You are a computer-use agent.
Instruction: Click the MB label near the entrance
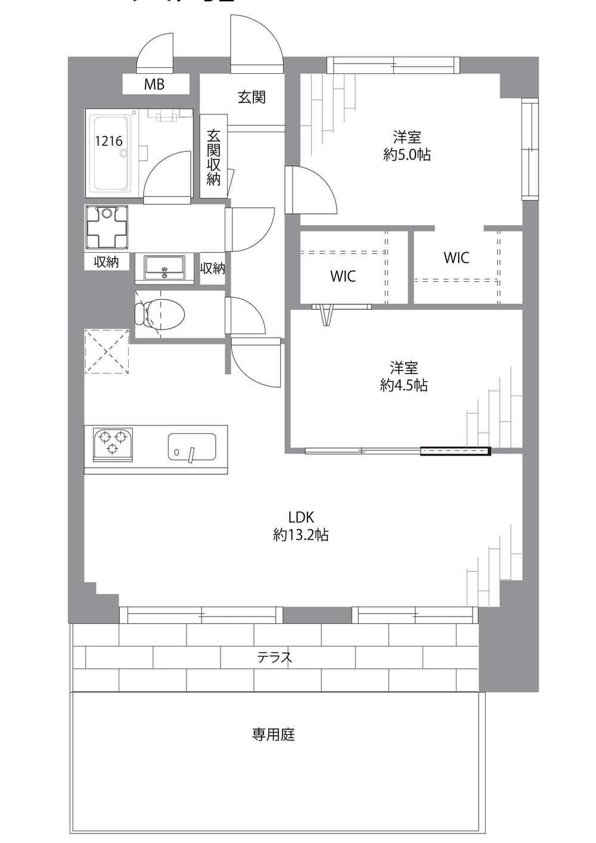pyautogui.click(x=154, y=85)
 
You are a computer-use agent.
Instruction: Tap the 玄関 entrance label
pyautogui.click(x=252, y=97)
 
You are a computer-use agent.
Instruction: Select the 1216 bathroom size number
pyautogui.click(x=108, y=141)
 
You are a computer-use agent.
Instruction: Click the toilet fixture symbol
pyautogui.click(x=160, y=313)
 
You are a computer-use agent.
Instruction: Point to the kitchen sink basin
pyautogui.click(x=192, y=447)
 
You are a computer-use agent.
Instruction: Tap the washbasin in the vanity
pyautogui.click(x=164, y=267)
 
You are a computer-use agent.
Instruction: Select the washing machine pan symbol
pyautogui.click(x=107, y=228)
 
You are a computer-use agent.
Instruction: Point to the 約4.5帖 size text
pyautogui.click(x=403, y=385)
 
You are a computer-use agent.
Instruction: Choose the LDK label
pyautogui.click(x=300, y=517)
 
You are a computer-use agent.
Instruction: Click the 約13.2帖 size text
pyautogui.click(x=300, y=534)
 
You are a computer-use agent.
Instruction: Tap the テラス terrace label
pyautogui.click(x=275, y=657)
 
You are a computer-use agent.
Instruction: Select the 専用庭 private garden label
pyautogui.click(x=273, y=735)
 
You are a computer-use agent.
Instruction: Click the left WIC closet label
pyautogui.click(x=343, y=276)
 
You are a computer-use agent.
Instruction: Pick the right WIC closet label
pyautogui.click(x=456, y=257)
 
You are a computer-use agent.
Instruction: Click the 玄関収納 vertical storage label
pyautogui.click(x=213, y=157)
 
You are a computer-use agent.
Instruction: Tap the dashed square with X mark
pyautogui.click(x=107, y=351)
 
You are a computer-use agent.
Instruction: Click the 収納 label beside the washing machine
pyautogui.click(x=106, y=262)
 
